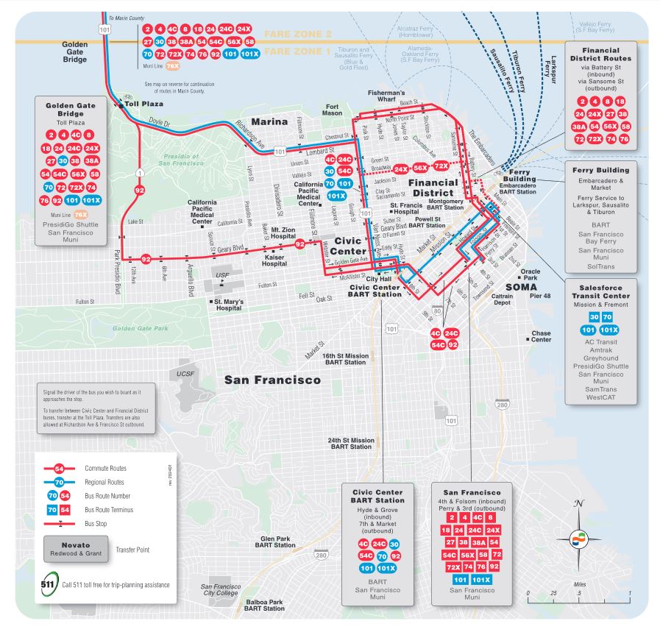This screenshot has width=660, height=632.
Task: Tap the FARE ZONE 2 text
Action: click(x=297, y=34)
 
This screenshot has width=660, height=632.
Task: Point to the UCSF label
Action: click(x=185, y=374)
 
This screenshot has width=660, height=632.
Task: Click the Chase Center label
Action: click(x=541, y=336)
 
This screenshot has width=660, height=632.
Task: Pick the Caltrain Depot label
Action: click(x=502, y=299)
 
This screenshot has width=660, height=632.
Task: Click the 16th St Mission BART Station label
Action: click(x=345, y=358)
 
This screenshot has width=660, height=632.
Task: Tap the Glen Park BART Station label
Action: click(x=273, y=542)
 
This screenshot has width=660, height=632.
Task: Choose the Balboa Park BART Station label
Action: click(x=264, y=605)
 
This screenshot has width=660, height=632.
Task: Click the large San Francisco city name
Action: click(x=272, y=380)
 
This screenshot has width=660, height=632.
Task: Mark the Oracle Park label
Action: click(x=530, y=275)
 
